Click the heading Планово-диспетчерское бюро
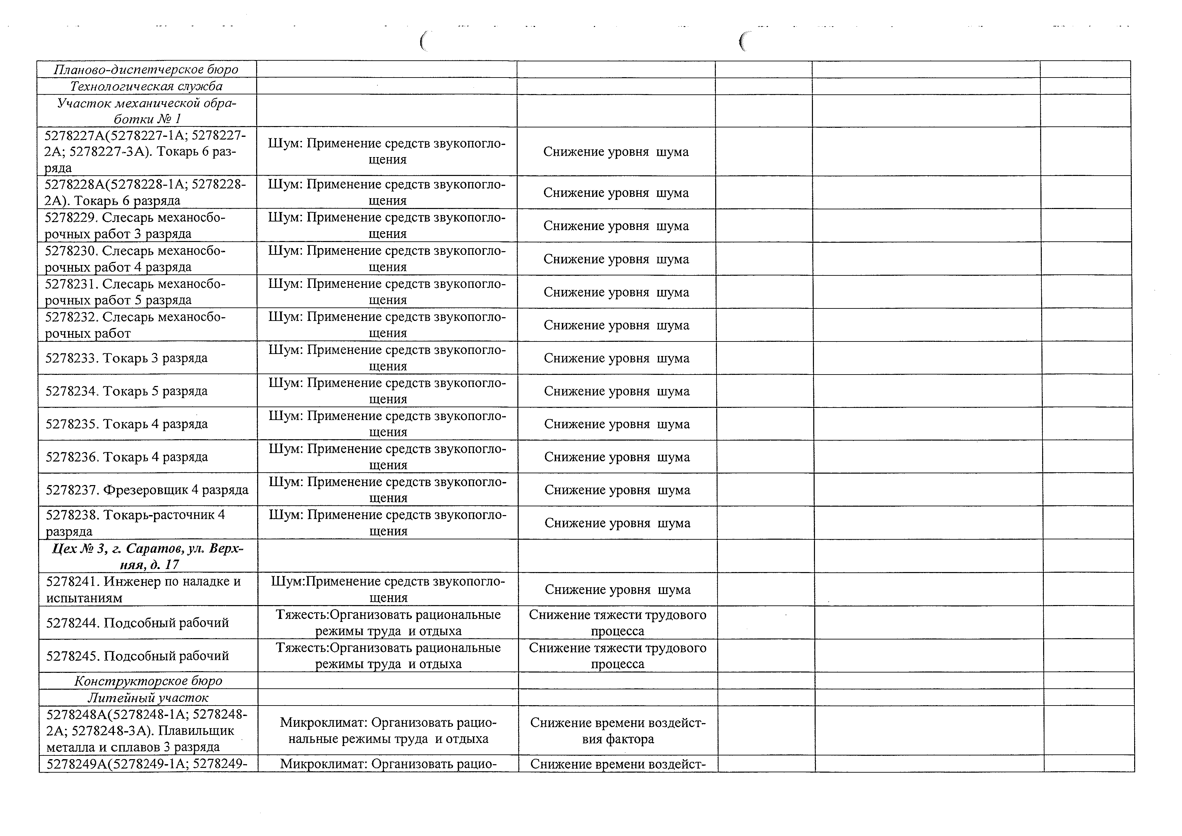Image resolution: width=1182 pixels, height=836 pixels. pos(146,69)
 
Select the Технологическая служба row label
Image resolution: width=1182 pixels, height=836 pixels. pos(146,86)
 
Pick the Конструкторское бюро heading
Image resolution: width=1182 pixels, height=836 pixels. pos(148,681)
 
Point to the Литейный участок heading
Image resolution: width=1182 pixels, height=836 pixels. pos(148,697)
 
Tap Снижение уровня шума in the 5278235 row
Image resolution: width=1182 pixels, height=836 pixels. pos(617,424)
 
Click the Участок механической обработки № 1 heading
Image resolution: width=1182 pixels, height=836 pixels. pos(147,111)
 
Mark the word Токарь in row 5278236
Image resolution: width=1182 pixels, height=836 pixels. pos(126,457)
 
